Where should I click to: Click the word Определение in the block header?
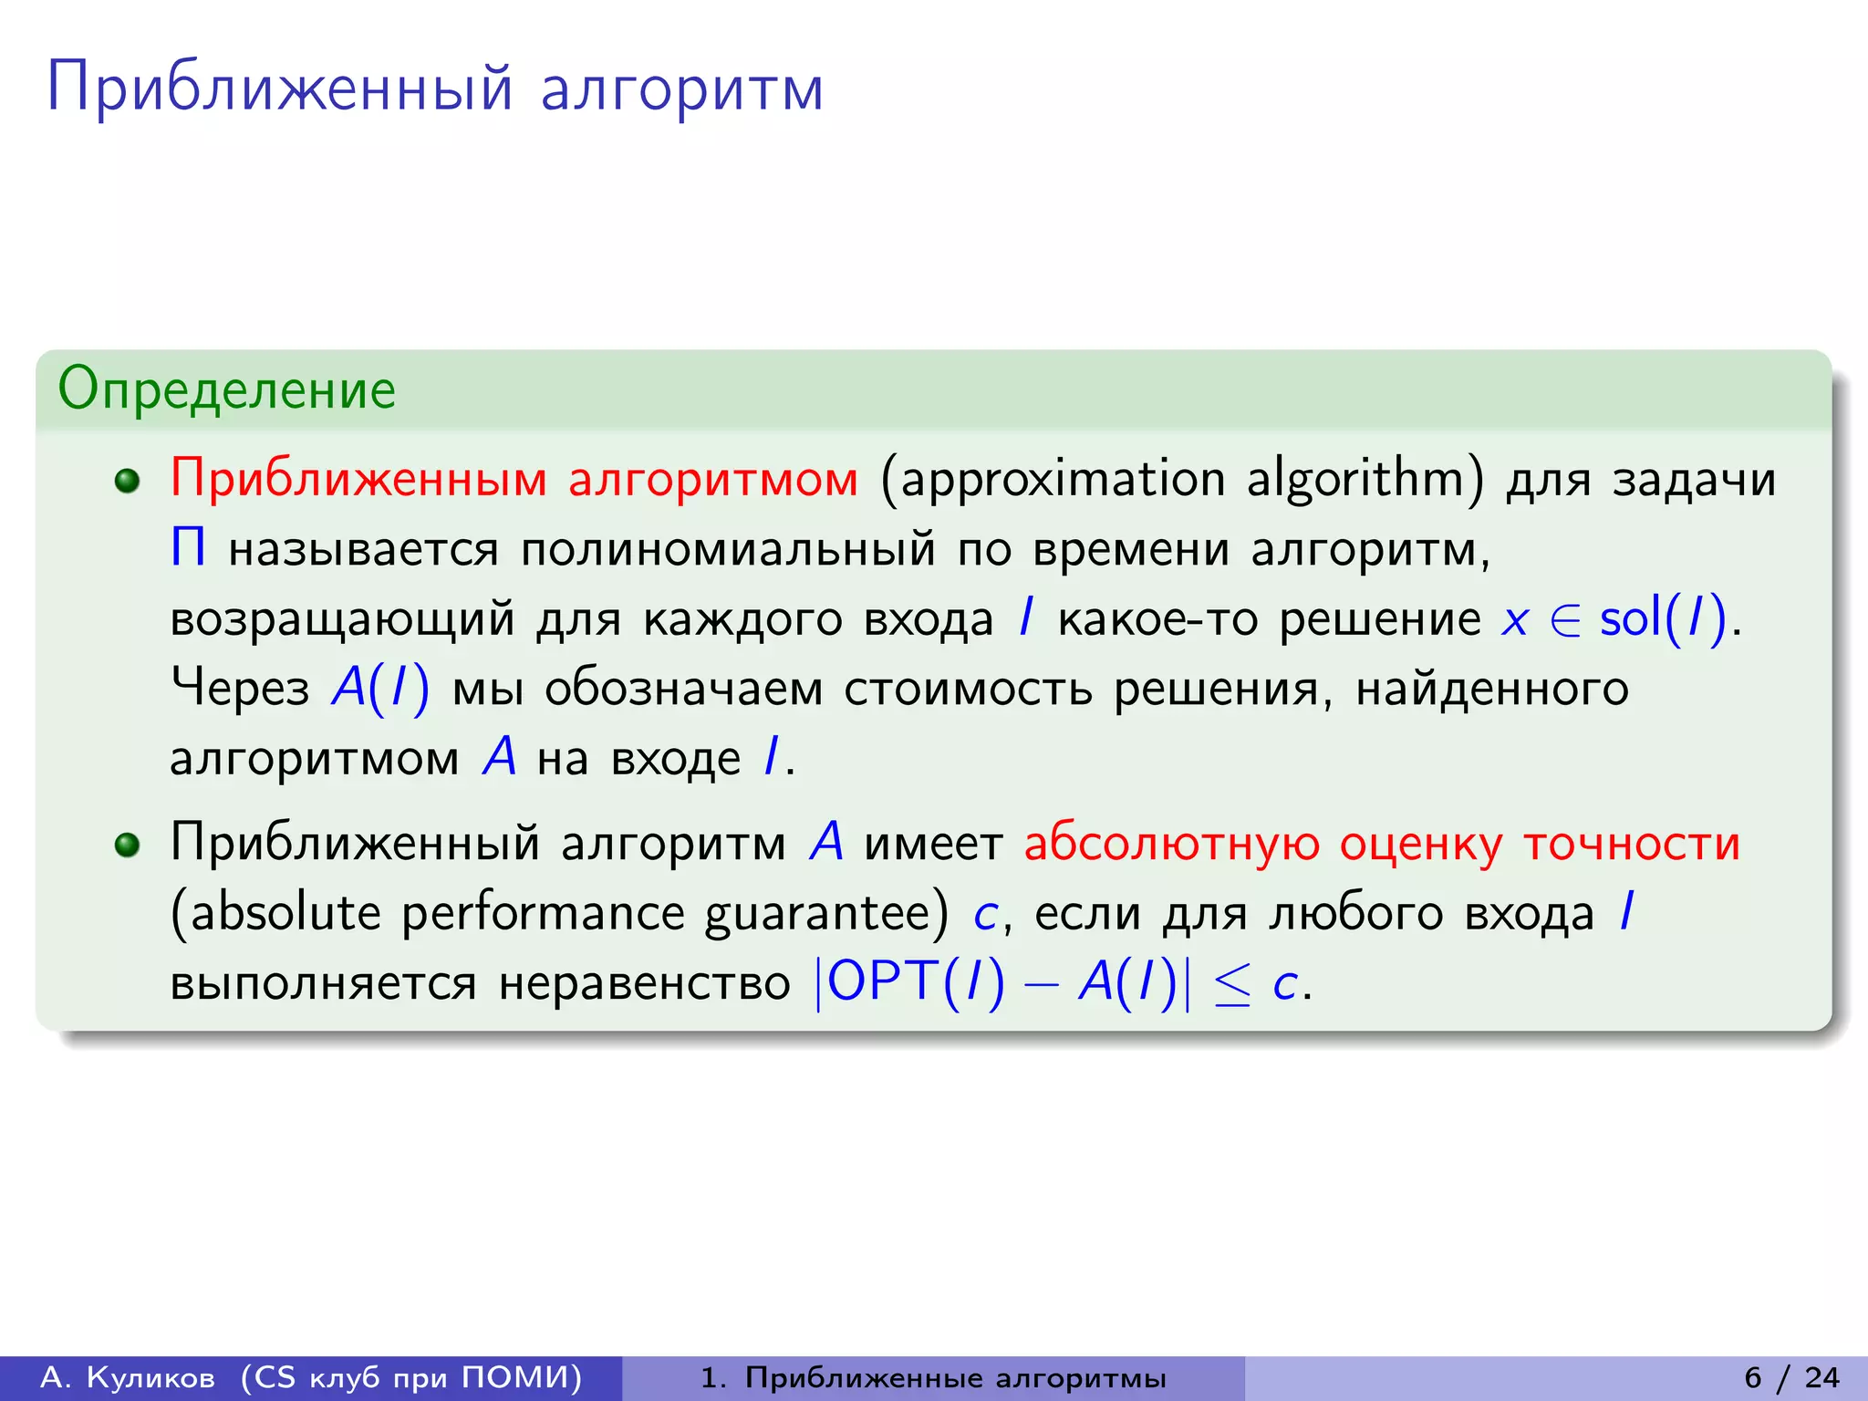[226, 389]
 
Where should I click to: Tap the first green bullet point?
[128, 481]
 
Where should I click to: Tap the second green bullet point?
[128, 845]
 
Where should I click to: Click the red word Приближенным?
[358, 479]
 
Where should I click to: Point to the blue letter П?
[188, 549]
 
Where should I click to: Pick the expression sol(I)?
[1663, 619]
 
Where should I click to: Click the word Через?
[240, 688]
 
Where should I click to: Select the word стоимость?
[968, 689]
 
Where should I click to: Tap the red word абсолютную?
[1171, 843]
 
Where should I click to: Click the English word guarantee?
[826, 914]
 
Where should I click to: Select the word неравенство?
[644, 984]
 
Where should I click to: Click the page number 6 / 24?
[1791, 1377]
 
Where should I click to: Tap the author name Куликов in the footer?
[150, 1377]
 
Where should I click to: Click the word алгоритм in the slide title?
[682, 89]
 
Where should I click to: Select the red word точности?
[1632, 843]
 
